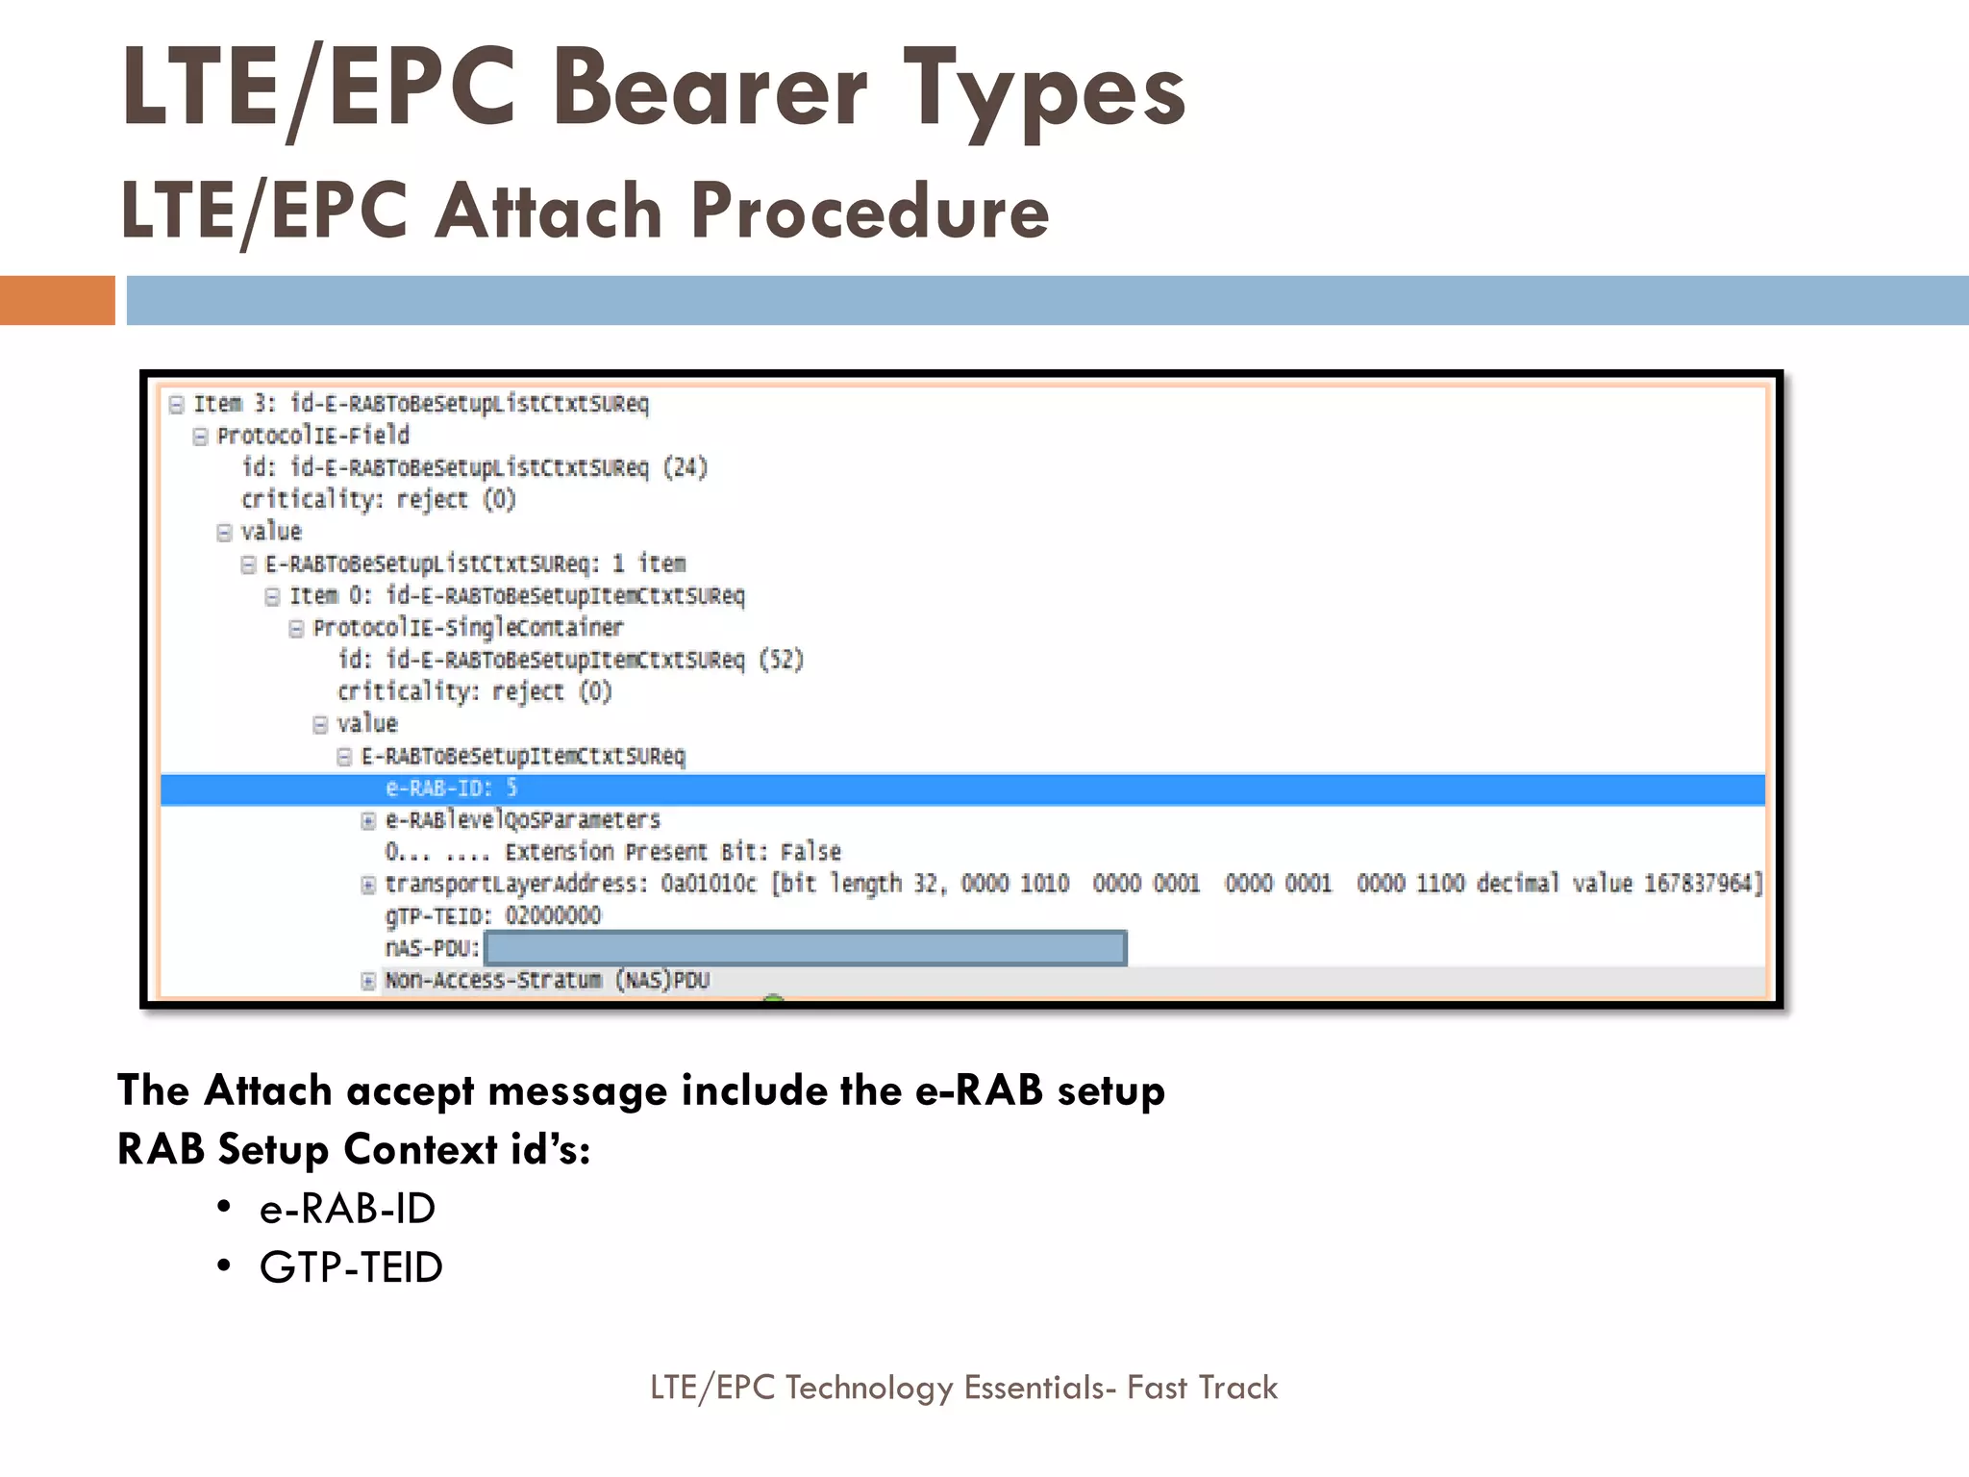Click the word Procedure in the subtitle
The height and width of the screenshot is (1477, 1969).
[x=869, y=211]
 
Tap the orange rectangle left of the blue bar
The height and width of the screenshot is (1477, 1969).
[x=57, y=300]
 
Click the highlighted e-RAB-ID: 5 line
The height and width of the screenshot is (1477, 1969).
[x=451, y=789]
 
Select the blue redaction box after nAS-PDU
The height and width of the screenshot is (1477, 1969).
[x=805, y=948]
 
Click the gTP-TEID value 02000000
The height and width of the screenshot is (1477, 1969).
[x=553, y=915]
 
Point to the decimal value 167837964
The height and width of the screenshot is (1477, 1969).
[x=1701, y=883]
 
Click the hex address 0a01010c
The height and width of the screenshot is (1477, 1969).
[x=708, y=883]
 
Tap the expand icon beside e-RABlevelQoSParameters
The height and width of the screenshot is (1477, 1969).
[x=368, y=820]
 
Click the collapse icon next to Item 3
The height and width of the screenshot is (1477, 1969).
[x=176, y=404]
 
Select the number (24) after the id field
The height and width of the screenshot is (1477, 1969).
[x=685, y=467]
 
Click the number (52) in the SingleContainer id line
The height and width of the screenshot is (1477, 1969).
[x=781, y=660]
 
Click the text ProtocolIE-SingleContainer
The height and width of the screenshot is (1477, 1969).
[x=467, y=628]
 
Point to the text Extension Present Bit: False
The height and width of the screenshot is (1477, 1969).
[x=672, y=852]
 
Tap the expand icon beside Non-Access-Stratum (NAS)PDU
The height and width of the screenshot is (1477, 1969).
[x=368, y=981]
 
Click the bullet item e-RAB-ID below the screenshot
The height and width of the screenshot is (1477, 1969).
[x=347, y=1209]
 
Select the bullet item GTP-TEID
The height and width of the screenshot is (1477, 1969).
[x=351, y=1267]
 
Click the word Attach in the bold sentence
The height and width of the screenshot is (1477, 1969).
[x=268, y=1090]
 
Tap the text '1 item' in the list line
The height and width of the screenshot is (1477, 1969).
[x=649, y=563]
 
